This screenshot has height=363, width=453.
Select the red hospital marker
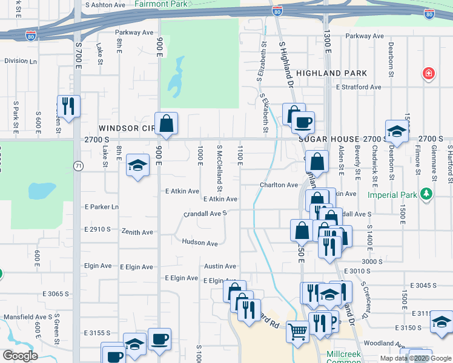pyautogui.click(x=429, y=73)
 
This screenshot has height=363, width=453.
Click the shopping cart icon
pyautogui.click(x=297, y=332)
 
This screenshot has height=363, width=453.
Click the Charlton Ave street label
pyautogui.click(x=279, y=185)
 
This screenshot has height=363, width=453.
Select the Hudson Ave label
pyautogui.click(x=199, y=243)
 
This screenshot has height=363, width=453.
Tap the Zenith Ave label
pyautogui.click(x=137, y=232)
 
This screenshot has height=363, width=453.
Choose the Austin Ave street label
pyautogui.click(x=220, y=266)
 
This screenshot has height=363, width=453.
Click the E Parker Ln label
pyautogui.click(x=102, y=207)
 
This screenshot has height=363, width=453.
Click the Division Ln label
pyautogui.click(x=21, y=61)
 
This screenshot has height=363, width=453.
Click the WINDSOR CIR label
pyautogui.click(x=126, y=128)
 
